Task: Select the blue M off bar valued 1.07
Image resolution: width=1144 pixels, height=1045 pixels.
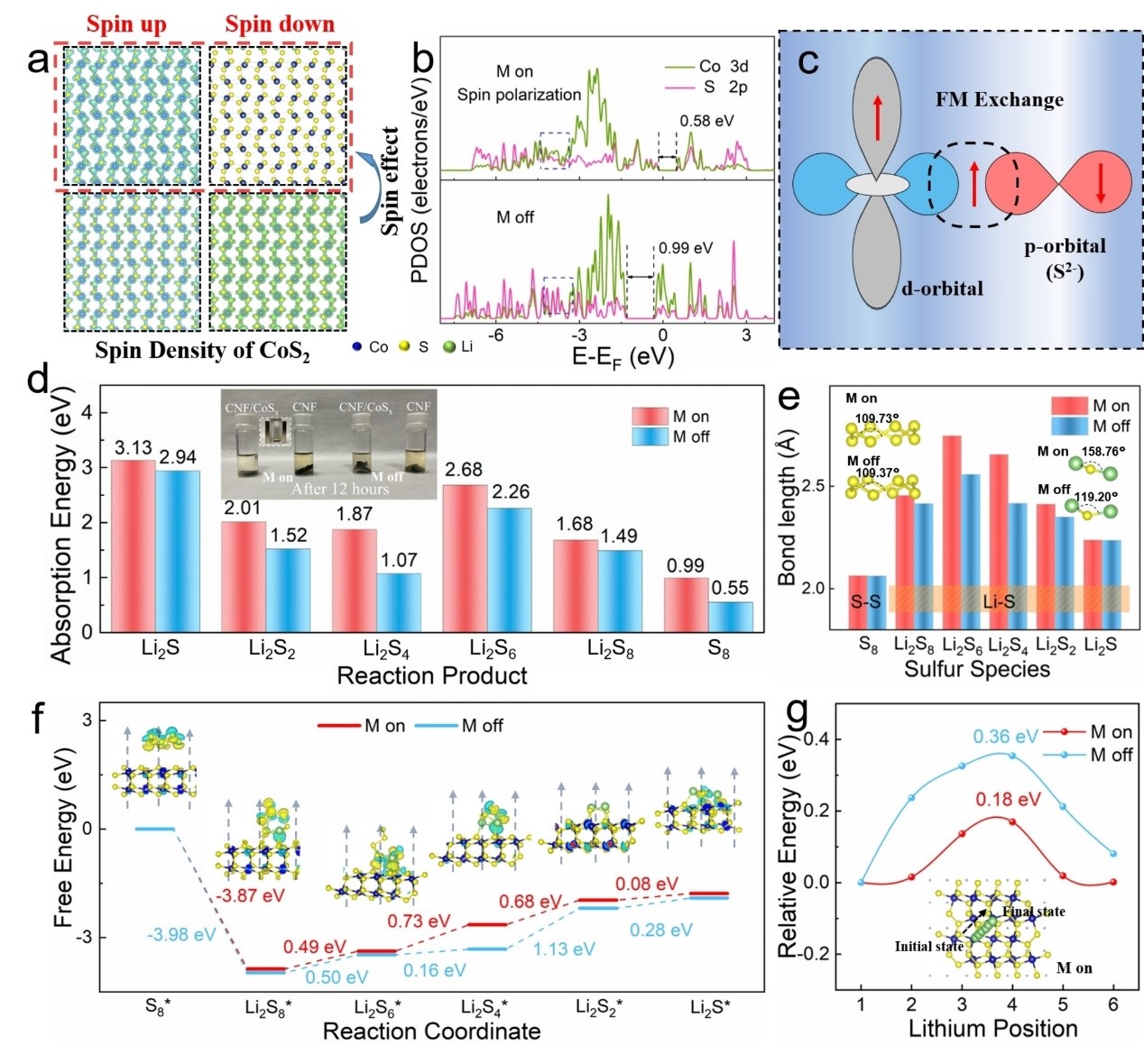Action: click(398, 601)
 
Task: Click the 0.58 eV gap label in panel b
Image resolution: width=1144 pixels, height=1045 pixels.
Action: click(706, 121)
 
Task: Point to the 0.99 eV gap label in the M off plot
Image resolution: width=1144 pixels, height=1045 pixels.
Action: click(685, 248)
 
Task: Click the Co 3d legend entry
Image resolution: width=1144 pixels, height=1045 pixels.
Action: click(722, 66)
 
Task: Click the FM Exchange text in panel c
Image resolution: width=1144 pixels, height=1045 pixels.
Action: click(999, 100)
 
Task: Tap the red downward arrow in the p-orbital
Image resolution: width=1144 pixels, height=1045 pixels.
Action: click(1101, 183)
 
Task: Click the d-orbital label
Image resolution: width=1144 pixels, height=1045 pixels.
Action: click(942, 289)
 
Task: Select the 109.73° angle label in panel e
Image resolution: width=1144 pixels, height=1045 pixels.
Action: click(872, 417)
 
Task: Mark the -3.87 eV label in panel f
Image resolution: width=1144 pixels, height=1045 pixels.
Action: click(249, 895)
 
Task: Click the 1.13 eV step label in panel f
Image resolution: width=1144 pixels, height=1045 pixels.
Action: click(564, 949)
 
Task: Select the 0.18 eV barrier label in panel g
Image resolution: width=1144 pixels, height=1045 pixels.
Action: click(1008, 799)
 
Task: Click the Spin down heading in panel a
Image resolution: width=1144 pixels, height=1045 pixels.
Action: click(280, 24)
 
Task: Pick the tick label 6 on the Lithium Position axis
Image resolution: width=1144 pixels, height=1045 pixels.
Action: click(1113, 1004)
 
